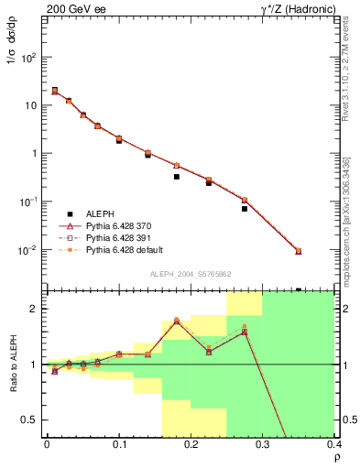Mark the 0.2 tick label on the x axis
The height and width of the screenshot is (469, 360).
191,444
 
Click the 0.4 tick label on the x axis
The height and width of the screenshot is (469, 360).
333,444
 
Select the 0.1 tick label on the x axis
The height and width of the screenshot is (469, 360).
119,444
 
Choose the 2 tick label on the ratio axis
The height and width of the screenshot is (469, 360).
35,309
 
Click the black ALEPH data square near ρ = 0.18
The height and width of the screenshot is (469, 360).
177,177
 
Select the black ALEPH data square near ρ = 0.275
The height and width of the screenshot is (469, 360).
245,209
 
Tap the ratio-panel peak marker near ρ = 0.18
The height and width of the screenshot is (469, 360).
177,321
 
